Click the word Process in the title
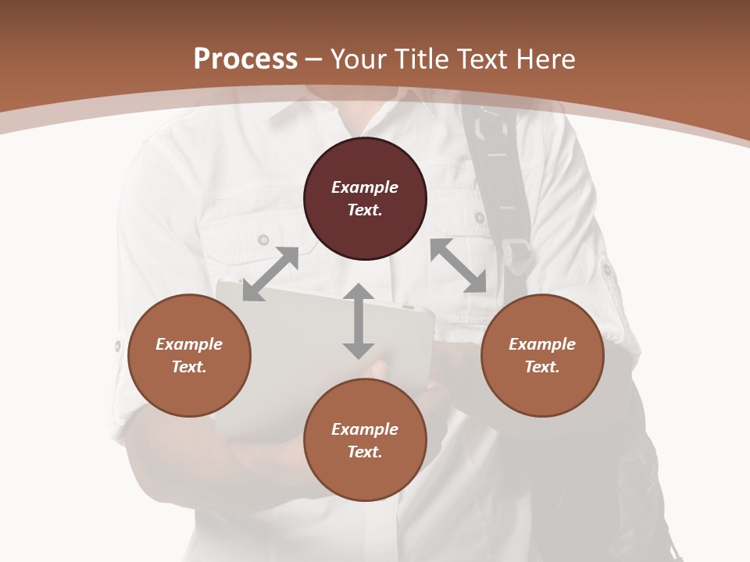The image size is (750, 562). pos(245,59)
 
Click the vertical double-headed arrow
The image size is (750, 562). pos(359,321)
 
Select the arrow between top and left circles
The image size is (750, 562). pos(270,274)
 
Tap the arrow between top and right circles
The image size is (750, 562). pos(459,265)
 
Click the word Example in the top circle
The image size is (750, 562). pos(365,187)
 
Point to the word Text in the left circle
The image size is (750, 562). pos(189,367)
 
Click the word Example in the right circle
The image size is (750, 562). pos(542,344)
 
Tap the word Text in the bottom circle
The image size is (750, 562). pos(365,452)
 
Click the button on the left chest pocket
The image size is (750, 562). pos(264,239)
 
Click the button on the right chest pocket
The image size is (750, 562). pos(479,218)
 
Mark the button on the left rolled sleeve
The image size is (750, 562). pos(118,345)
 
